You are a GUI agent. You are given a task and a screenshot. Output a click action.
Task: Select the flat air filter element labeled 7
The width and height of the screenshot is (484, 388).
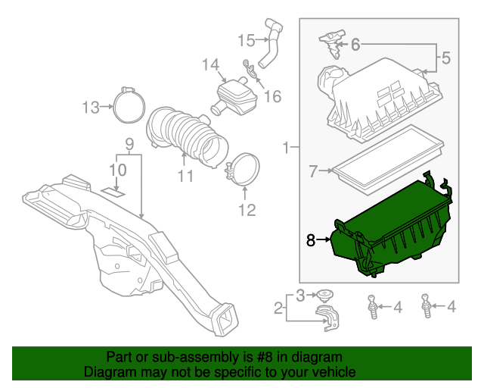point(386,157)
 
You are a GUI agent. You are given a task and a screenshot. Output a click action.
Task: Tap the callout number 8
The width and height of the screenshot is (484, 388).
point(310,240)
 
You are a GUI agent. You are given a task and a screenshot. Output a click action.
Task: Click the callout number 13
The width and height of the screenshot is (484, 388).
point(91,108)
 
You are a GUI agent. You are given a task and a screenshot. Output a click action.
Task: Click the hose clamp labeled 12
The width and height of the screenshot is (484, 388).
point(244,171)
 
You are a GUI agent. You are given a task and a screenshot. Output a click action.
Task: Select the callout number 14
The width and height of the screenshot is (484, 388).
point(209,65)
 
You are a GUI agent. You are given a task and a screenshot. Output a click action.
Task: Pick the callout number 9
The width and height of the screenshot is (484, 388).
point(129,143)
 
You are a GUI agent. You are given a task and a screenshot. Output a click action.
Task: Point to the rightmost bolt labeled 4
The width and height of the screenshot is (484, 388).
point(428,306)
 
